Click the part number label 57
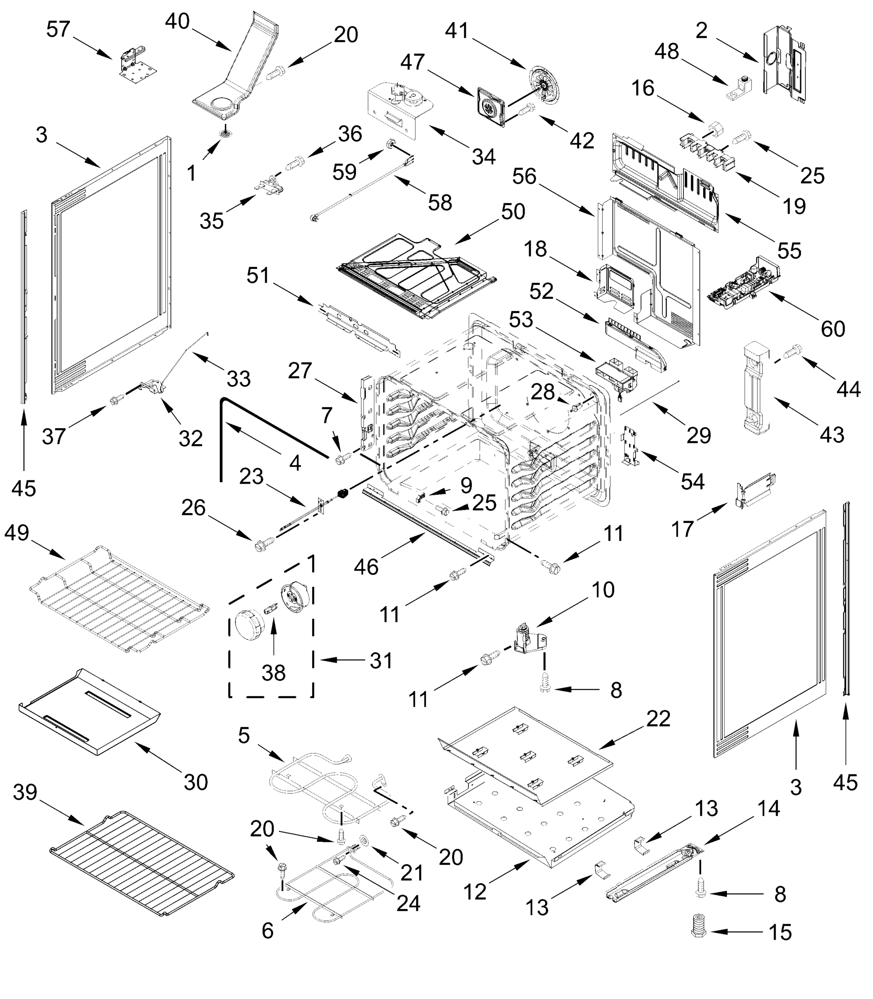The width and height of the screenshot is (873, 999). point(58,30)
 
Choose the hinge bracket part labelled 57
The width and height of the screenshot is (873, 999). point(137,61)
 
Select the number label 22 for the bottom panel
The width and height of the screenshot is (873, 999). point(658,719)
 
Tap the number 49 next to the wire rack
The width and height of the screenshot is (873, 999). point(17,533)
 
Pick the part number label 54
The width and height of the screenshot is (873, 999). point(692,481)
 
